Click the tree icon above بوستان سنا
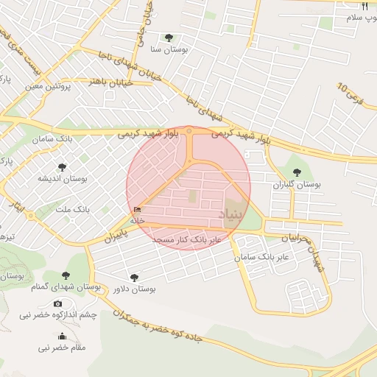(x=169, y=38)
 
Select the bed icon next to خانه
(x=137, y=210)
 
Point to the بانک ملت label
(x=71, y=210)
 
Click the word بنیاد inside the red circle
(x=231, y=212)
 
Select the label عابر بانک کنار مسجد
(x=186, y=240)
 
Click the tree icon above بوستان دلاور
(x=134, y=278)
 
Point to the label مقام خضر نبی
(x=61, y=347)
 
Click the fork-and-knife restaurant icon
(x=364, y=5)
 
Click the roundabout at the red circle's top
(x=189, y=131)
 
